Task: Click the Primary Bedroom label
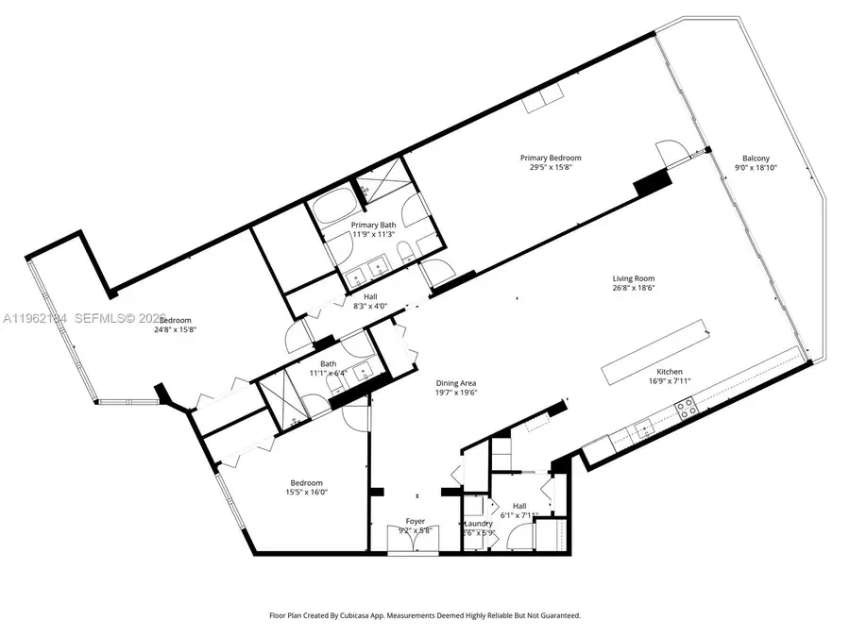click(x=550, y=158)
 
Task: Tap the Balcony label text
click(x=755, y=159)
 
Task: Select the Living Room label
click(x=633, y=278)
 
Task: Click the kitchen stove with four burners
click(x=686, y=410)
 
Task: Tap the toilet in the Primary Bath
click(x=403, y=251)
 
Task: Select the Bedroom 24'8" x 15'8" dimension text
click(x=181, y=330)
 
